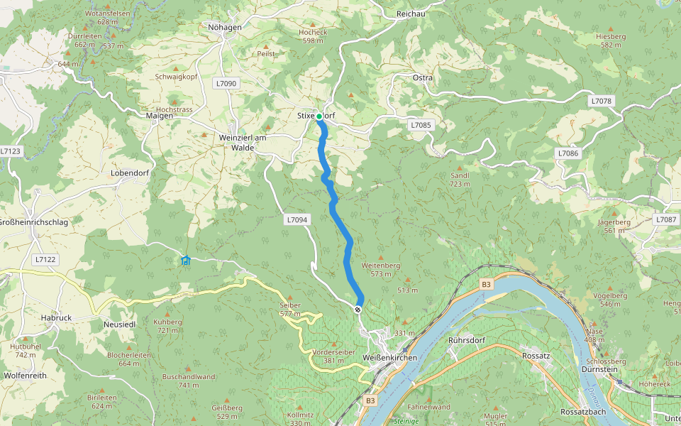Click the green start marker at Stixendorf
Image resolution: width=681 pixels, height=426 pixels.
click(319, 116)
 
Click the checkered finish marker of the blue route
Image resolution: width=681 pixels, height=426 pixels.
click(358, 309)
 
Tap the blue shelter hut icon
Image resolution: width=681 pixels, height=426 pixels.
click(186, 261)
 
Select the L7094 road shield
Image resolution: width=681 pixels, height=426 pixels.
click(297, 220)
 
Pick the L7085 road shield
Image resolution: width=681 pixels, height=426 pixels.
click(420, 125)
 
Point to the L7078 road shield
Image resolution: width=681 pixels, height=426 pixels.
click(600, 102)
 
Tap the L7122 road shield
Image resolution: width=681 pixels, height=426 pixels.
click(45, 260)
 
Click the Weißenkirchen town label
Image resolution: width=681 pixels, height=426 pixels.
click(389, 357)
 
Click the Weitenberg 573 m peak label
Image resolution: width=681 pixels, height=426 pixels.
click(381, 269)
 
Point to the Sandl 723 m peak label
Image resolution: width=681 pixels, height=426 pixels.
click(460, 179)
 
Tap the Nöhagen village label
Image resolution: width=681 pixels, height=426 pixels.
click(225, 27)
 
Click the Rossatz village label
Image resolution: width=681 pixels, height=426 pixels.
click(536, 355)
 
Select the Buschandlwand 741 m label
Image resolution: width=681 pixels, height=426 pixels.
click(189, 381)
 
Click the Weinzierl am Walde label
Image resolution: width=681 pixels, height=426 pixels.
click(243, 142)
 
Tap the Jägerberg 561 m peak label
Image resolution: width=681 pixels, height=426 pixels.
click(614, 226)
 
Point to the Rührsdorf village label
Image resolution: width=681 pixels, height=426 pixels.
click(466, 340)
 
